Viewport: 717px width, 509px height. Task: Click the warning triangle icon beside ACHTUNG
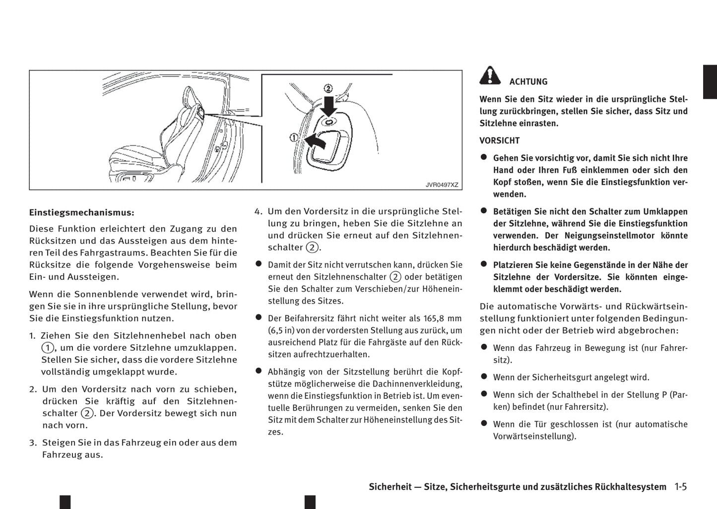[x=490, y=75]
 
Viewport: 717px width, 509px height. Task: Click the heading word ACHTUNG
[x=528, y=82]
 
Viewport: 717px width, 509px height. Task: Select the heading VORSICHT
[x=499, y=140]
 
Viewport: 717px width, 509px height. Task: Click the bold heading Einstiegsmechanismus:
[x=82, y=212]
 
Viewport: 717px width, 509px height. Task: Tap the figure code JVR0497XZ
[x=442, y=185]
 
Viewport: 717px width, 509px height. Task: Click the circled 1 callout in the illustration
[x=293, y=137]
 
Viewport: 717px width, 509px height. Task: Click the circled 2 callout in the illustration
[x=328, y=89]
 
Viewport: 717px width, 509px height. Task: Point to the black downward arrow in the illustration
[x=328, y=106]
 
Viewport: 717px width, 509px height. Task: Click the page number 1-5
[x=680, y=487]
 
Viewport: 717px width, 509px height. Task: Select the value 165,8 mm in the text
[x=443, y=318]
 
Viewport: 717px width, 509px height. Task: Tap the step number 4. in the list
[x=258, y=211]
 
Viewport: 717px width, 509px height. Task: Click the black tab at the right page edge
[x=710, y=82]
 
